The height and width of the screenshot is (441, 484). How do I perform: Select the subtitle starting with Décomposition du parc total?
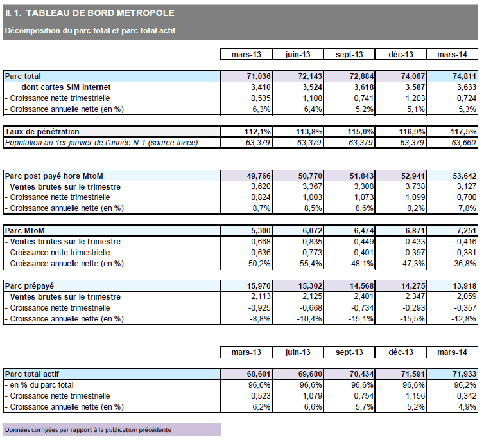[90, 30]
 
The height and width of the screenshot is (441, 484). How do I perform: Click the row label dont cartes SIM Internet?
[66, 87]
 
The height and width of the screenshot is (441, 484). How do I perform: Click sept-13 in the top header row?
[350, 55]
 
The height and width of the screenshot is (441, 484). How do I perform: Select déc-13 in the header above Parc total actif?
[401, 352]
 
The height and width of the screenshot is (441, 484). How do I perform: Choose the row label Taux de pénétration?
[42, 132]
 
